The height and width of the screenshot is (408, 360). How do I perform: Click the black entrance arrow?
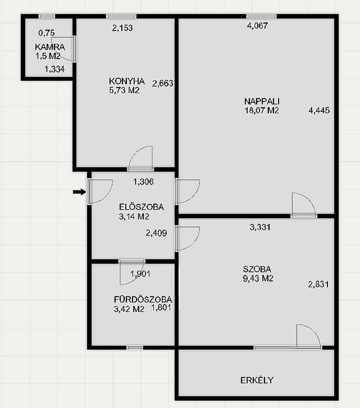pos(79,192)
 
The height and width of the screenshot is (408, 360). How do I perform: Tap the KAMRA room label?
pos(50,47)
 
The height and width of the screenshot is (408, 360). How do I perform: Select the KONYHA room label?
pos(127,81)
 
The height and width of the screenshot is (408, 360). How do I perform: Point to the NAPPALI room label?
pos(262,101)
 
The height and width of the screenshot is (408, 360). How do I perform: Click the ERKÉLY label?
pos(256,380)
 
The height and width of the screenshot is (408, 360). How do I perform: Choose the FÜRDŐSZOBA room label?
pos(143,299)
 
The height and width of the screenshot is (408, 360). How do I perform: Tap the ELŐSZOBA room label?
pos(142,207)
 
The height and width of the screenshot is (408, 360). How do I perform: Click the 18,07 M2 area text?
pos(261,110)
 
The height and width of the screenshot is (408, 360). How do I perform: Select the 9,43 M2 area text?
pos(258,278)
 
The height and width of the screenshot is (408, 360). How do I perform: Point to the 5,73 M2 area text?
pos(124,90)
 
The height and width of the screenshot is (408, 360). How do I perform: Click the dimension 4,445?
pos(319,110)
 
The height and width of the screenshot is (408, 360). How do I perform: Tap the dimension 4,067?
pos(257,26)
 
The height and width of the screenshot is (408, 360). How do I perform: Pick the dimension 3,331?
pos(260,227)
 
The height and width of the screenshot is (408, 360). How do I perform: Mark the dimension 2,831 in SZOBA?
pos(318,284)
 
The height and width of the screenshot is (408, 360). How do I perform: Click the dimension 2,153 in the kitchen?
pos(122,28)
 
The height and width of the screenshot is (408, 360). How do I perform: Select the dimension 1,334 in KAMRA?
pos(54,69)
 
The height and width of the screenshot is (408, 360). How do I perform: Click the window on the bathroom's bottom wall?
pos(135,347)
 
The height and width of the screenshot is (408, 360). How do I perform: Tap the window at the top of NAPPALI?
pos(261,16)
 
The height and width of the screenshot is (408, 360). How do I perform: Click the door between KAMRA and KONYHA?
pos(74,49)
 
